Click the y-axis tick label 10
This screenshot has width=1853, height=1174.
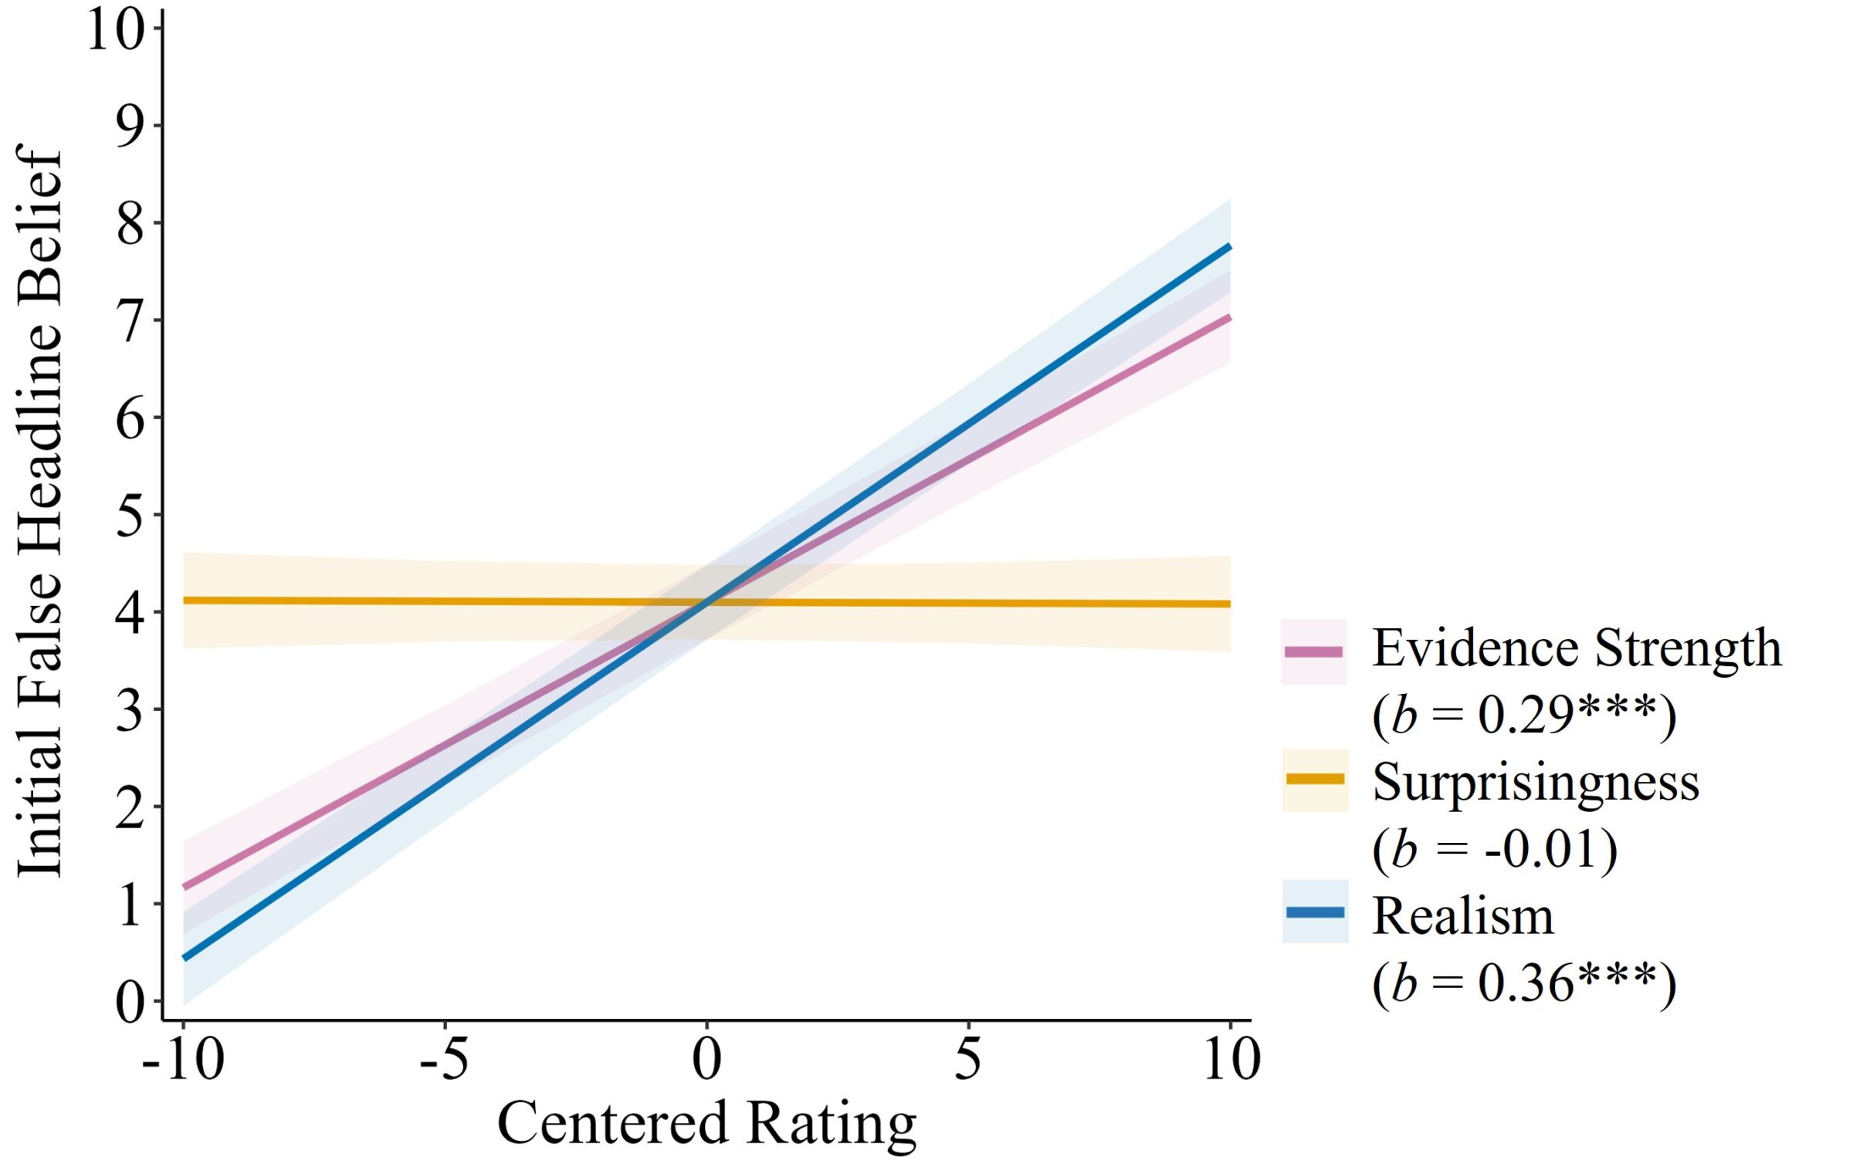click(116, 31)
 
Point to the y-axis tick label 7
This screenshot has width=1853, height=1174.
click(130, 321)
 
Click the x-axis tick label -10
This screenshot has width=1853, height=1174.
click(184, 1059)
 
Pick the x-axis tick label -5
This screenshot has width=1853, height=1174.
click(444, 1059)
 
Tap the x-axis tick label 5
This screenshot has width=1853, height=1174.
click(967, 1059)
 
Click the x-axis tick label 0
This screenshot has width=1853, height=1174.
click(706, 1059)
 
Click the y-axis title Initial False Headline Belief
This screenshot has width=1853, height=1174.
click(39, 509)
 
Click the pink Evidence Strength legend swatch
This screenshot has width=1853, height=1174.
click(1313, 651)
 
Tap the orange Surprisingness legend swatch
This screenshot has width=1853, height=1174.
click(1315, 780)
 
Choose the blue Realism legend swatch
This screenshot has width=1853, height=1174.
click(1315, 912)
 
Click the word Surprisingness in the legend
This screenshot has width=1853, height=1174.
click(1536, 783)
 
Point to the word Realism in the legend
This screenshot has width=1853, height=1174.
click(1462, 916)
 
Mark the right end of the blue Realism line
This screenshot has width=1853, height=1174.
click(1228, 248)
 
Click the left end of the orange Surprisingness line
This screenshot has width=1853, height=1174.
click(185, 600)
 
